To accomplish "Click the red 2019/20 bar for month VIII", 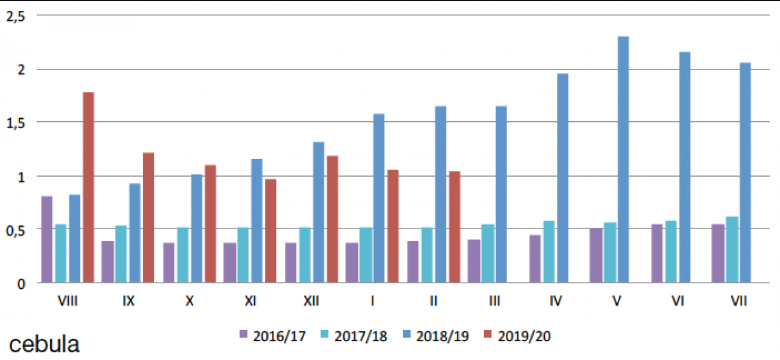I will point(88,187).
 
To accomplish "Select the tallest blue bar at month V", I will point(623,160).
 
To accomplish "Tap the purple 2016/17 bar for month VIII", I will point(47,239).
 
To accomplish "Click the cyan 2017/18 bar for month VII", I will point(731,249).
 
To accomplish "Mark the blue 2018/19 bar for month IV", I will point(562,178).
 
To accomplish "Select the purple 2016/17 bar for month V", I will point(596,255).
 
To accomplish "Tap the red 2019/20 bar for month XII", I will point(332,219).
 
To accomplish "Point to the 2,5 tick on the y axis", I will point(15,16).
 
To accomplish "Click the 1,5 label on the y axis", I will point(15,122).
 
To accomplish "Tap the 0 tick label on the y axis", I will point(21,283).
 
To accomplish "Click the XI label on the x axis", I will point(250,302).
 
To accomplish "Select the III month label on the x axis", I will point(494,302).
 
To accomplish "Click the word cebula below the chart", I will point(44,345).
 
